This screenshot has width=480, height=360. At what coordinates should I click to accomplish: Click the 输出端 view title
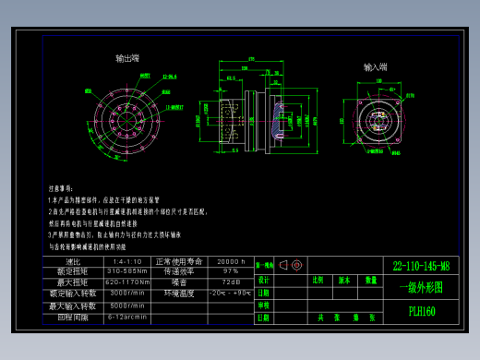127,58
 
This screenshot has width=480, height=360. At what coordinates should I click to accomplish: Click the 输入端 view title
376,67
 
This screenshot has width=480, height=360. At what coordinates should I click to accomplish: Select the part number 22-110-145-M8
421,266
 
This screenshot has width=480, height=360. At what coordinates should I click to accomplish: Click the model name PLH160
421,311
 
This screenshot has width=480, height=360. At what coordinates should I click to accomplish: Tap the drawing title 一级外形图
421,287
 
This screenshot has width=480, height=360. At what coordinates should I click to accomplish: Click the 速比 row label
73,262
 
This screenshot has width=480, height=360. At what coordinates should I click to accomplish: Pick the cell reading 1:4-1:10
126,262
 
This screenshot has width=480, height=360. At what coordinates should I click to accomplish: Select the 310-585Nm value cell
127,272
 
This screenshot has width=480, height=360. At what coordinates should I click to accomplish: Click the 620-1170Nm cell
127,282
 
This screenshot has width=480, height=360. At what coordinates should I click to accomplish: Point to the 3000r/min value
126,294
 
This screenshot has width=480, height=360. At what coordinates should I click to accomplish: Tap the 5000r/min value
126,306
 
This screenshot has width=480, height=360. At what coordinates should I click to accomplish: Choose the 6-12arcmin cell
126,317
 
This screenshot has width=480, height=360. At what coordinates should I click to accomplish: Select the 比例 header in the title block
318,280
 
